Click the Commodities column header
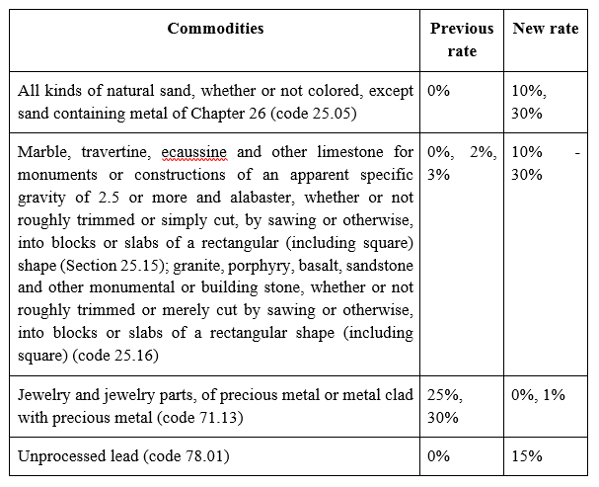pos(215,29)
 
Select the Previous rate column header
pos(462,40)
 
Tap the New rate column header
pos(546,29)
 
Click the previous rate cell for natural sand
pos(438,91)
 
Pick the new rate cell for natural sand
pos(529,102)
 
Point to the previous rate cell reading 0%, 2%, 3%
pos(462,163)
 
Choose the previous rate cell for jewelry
pos(445,406)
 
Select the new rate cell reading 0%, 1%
pos(538,395)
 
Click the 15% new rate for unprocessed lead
pos(527,456)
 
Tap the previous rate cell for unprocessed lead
pos(438,456)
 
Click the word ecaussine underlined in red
pos(194,152)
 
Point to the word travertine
pos(116,152)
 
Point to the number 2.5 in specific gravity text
pos(109,198)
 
